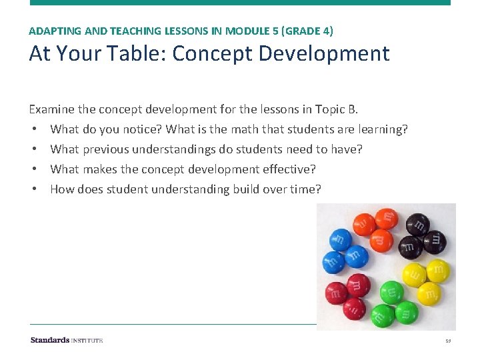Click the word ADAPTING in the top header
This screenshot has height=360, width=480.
pos(51,31)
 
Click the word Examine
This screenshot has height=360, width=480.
pos(52,109)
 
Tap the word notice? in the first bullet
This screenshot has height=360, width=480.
pos(140,129)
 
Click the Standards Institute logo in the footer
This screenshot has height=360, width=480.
pos(67,340)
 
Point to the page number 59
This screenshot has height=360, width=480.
pos(448,341)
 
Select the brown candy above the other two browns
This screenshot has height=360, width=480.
pos(417,223)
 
